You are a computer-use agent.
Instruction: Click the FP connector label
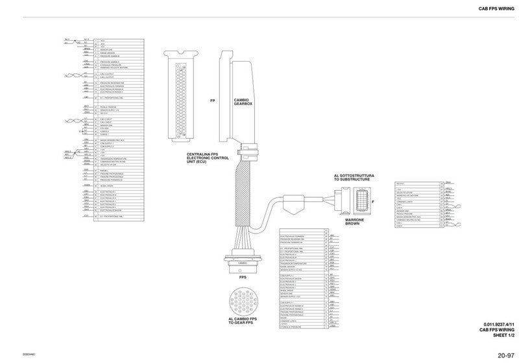pos(212,101)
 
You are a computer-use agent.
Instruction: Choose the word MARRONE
pos(354,220)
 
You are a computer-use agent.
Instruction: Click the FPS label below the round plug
pos(243,278)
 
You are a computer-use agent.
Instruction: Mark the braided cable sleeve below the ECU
pos(244,188)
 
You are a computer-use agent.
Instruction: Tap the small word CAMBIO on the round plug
pos(243,263)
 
